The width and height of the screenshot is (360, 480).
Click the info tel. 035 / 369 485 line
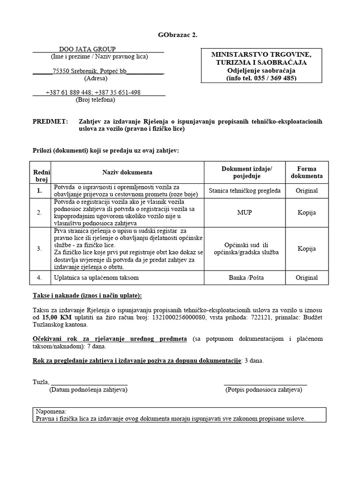[261, 78]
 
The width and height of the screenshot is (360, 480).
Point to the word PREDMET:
[50, 121]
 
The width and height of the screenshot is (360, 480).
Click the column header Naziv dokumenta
[127, 172]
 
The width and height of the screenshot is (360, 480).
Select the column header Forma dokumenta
[307, 172]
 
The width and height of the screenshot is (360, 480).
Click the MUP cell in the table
[244, 212]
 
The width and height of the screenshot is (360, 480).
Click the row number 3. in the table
[39, 248]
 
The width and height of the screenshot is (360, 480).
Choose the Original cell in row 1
[307, 191]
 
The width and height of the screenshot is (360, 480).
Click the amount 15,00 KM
[53, 317]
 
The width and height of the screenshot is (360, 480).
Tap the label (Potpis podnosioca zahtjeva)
[266, 390]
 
